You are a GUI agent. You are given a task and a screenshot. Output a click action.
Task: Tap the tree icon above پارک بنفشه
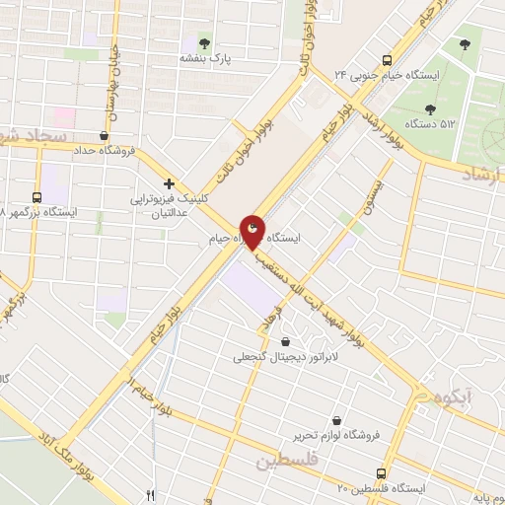(x=204, y=42)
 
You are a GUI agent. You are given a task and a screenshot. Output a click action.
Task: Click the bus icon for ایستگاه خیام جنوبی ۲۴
(x=387, y=58)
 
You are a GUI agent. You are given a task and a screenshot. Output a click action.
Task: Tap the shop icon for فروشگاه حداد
(x=105, y=136)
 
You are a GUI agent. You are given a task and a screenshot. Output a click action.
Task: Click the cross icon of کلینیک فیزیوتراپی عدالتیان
(x=170, y=183)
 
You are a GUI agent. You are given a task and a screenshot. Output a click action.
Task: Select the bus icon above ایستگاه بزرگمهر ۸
(x=37, y=197)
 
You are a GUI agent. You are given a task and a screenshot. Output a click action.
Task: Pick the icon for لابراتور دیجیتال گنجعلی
(x=285, y=341)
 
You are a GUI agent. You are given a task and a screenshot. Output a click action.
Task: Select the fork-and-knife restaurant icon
(x=150, y=495)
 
